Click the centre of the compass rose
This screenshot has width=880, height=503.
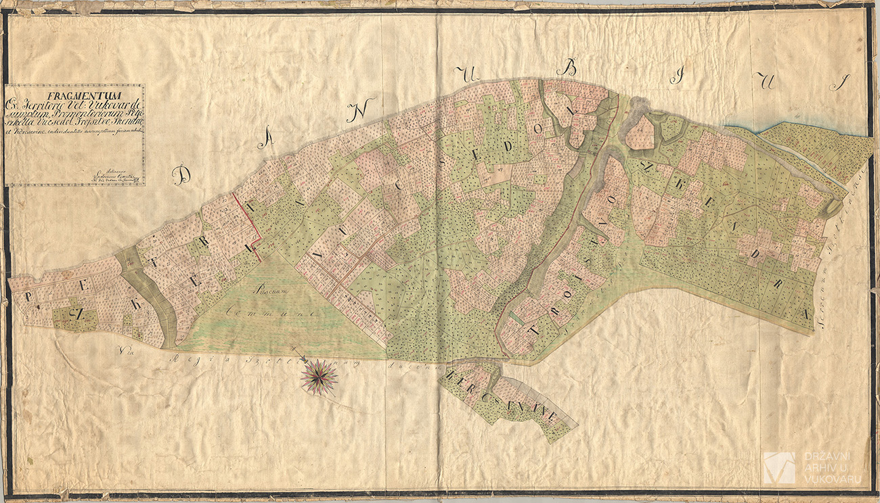(320, 376)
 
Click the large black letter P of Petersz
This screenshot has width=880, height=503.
(30, 297)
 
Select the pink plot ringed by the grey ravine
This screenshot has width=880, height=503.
(639, 133)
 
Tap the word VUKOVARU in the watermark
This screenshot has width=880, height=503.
(832, 479)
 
